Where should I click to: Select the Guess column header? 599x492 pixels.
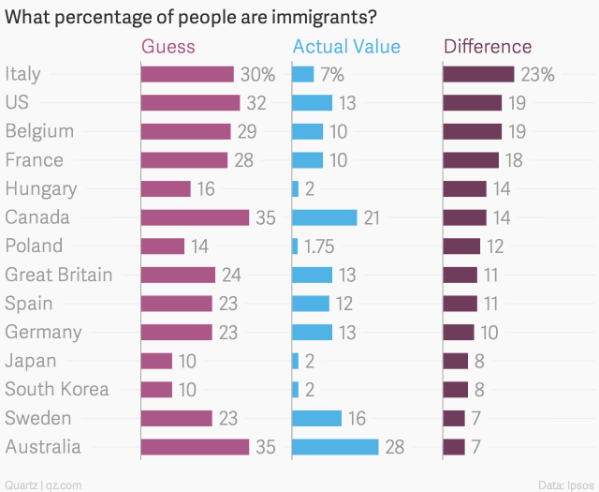(x=168, y=47)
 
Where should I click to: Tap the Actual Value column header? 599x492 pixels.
(x=346, y=47)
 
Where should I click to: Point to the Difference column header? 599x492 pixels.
(x=488, y=47)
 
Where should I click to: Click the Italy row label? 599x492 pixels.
(x=22, y=74)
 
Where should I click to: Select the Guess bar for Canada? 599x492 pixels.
(x=195, y=217)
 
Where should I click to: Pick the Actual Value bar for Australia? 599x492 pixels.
(x=335, y=447)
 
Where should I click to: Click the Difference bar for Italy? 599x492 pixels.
(x=478, y=74)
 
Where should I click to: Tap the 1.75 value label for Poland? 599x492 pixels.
(x=319, y=246)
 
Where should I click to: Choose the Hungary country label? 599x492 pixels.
(x=41, y=188)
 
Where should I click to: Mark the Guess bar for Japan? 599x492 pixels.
(x=156, y=361)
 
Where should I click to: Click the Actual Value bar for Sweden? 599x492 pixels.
(x=316, y=418)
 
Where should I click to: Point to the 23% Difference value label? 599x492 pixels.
(x=538, y=74)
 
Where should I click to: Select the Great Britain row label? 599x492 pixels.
(x=59, y=275)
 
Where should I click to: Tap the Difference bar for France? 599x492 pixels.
(x=471, y=160)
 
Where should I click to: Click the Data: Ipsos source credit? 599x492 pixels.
(x=566, y=484)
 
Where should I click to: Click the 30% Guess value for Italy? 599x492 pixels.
(x=257, y=74)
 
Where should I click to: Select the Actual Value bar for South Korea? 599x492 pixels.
(x=296, y=390)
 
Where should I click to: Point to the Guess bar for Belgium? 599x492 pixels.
(x=185, y=131)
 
